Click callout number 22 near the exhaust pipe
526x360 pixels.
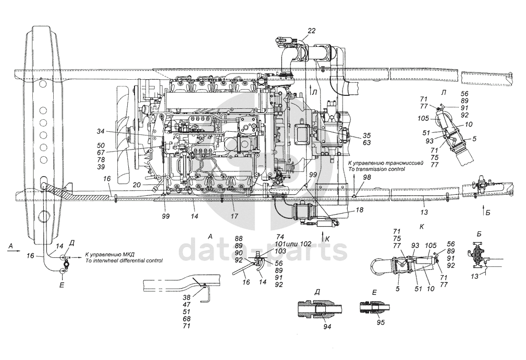(x=312, y=31)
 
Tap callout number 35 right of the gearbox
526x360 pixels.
(x=366, y=136)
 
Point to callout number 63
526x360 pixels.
(x=366, y=143)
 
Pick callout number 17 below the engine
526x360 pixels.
(x=235, y=216)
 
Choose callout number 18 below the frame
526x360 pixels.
(x=359, y=210)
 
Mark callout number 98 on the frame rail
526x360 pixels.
(x=368, y=177)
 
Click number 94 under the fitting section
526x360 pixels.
(x=327, y=326)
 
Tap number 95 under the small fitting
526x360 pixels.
(x=381, y=322)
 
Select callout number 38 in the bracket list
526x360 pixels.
(x=187, y=297)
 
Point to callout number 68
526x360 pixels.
(x=187, y=318)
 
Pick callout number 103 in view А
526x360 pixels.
(x=280, y=251)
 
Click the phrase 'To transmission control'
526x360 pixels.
(x=376, y=169)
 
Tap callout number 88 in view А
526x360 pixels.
(x=239, y=239)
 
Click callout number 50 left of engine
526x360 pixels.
(x=101, y=145)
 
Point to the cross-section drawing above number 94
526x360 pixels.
(x=320, y=309)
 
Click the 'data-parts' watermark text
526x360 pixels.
(x=263, y=250)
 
